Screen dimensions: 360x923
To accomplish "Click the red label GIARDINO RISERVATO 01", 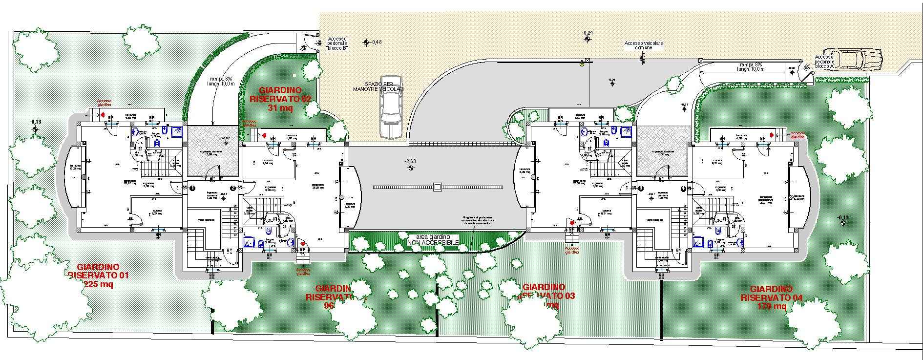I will pyautogui.click(x=98, y=271).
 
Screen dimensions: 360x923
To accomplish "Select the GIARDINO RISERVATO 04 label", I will pyautogui.click(x=771, y=293).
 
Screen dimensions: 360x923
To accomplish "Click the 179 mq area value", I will pyautogui.click(x=772, y=306).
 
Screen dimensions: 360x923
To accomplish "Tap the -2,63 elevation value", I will pyautogui.click(x=410, y=161).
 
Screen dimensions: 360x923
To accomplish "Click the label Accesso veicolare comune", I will pyautogui.click(x=644, y=45).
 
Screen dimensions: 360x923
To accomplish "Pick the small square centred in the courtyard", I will pyautogui.click(x=437, y=187).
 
